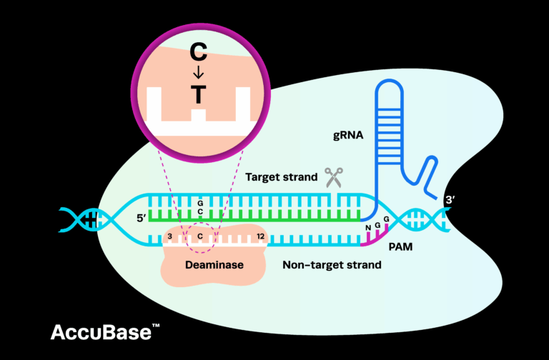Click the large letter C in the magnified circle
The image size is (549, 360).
[199, 52]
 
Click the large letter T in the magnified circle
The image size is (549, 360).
[199, 94]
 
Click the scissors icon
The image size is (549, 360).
[333, 176]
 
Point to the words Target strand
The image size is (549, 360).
[281, 176]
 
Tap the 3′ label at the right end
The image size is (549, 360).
[450, 201]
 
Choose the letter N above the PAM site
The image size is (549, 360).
[367, 228]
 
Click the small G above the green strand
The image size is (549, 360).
[201, 203]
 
